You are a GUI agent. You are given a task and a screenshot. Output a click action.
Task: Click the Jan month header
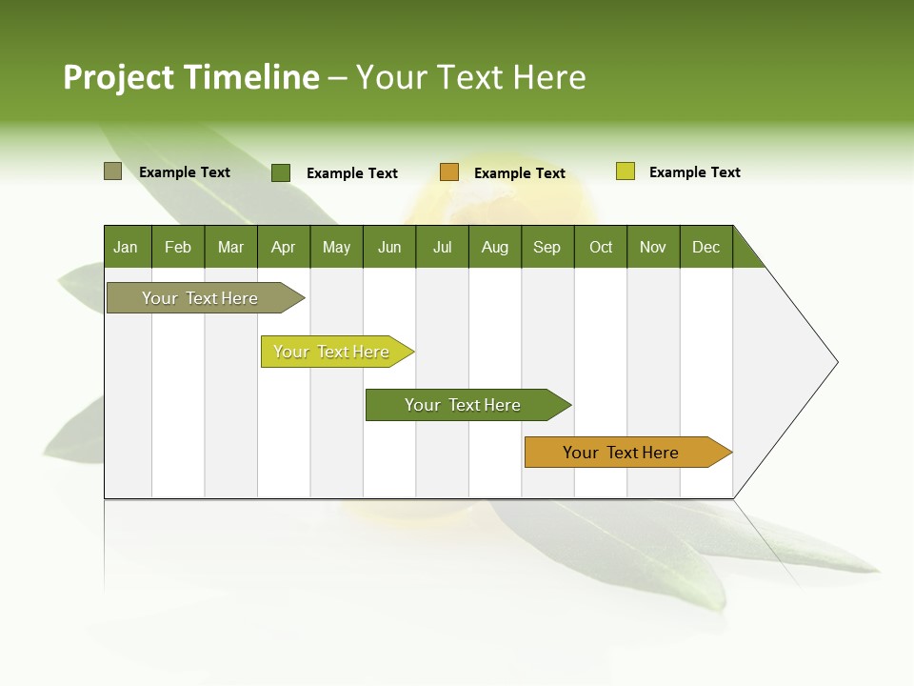click(127, 247)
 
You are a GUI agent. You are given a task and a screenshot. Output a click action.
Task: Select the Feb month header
click(178, 247)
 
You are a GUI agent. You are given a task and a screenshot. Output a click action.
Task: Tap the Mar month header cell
click(230, 247)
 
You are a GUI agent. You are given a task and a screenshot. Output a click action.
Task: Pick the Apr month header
click(284, 247)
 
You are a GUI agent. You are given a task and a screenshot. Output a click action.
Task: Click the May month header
click(336, 247)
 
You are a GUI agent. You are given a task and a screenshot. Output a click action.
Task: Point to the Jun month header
click(389, 247)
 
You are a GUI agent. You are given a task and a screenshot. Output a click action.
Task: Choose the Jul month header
click(442, 247)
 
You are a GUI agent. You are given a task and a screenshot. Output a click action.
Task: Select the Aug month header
click(495, 247)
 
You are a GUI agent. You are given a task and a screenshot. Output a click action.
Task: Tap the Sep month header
click(547, 247)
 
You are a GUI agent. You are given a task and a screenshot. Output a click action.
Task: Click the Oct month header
click(601, 247)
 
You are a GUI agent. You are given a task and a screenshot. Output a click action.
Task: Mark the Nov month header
click(653, 247)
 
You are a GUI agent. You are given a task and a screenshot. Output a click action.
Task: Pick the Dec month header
click(706, 247)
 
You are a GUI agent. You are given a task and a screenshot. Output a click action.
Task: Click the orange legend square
click(449, 172)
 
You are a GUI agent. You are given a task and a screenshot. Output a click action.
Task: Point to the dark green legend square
click(281, 172)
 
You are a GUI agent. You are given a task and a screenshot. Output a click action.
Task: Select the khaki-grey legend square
click(113, 171)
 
